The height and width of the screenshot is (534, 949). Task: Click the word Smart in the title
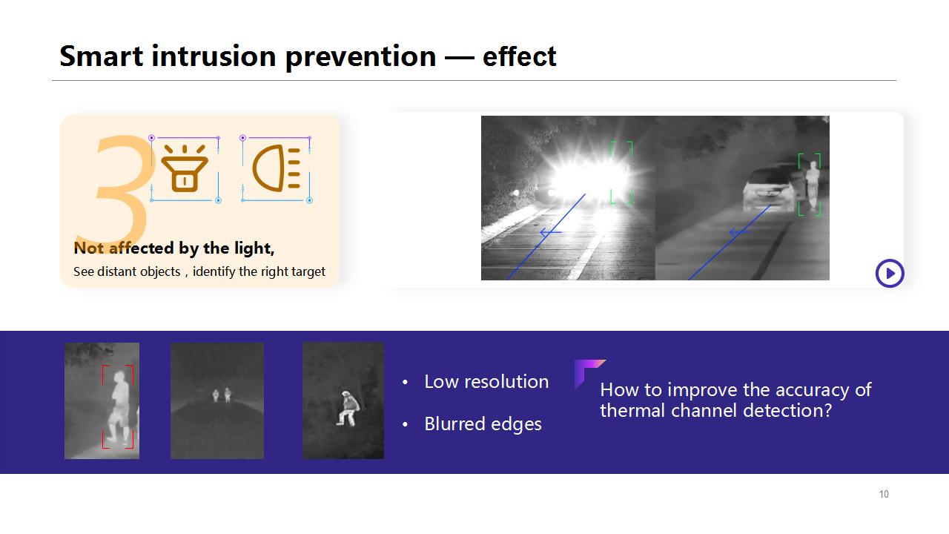coord(102,56)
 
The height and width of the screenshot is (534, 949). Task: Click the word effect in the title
coord(520,56)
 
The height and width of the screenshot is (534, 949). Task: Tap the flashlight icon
coord(185,168)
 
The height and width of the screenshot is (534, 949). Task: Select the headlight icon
coord(277,168)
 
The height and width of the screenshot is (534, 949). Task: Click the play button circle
coord(890,274)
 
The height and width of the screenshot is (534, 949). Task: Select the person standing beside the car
coord(812,185)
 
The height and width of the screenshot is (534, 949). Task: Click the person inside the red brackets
coord(119,407)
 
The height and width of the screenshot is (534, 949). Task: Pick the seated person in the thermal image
coord(348,409)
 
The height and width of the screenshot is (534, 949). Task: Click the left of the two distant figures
coord(216,396)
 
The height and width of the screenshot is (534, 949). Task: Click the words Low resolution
coord(486,382)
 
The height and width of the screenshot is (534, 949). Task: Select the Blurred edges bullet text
coord(483,423)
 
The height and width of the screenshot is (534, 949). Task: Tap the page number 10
coord(884,494)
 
